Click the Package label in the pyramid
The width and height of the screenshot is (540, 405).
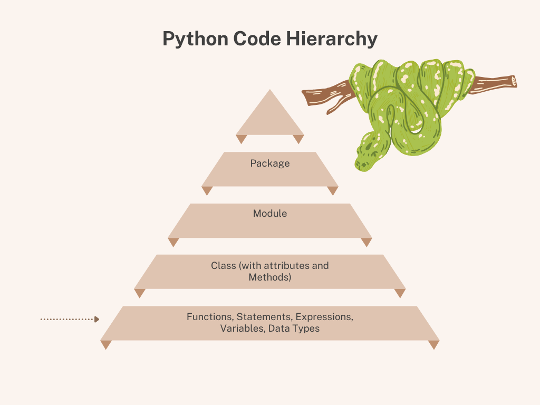[270, 163]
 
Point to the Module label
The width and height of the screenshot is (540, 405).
[270, 214]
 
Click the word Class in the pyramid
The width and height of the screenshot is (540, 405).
[224, 265]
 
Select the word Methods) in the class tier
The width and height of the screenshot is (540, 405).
[270, 276]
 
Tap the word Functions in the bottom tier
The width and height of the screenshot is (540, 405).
[209, 317]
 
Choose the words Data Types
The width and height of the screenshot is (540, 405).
[294, 328]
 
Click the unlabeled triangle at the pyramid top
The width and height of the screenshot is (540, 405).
[270, 116]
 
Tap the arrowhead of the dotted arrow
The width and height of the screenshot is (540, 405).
[97, 319]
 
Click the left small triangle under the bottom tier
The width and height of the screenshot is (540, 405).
[106, 344]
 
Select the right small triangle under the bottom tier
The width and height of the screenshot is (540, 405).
[433, 344]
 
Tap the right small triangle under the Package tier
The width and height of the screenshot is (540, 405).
[332, 190]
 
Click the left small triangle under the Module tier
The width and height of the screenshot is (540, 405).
[173, 242]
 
